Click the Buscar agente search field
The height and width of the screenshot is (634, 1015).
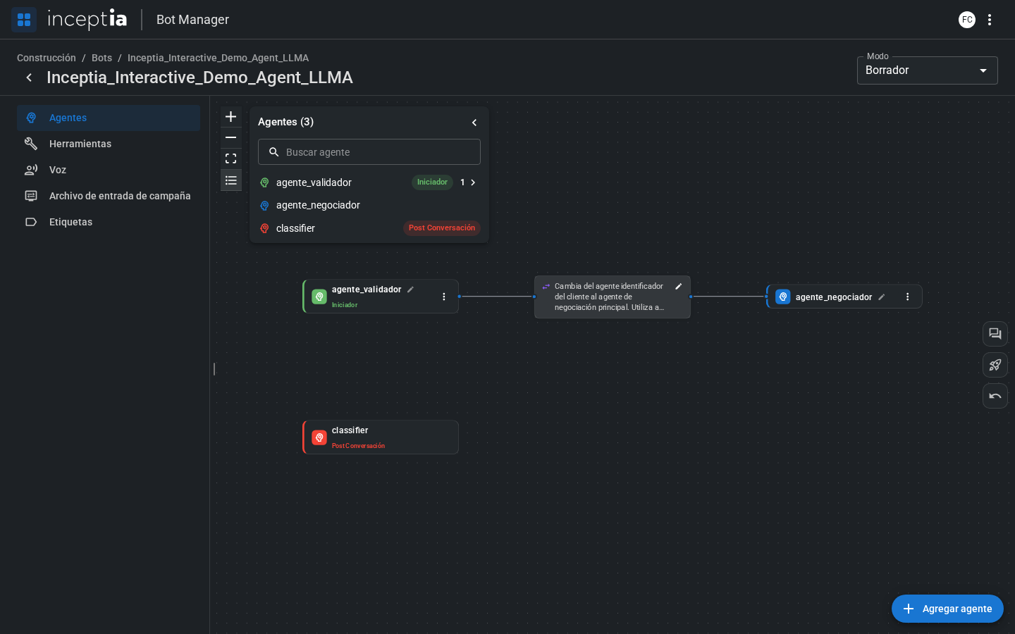[369, 151]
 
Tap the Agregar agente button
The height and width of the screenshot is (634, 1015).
[947, 609]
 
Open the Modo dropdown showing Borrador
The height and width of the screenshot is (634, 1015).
[927, 70]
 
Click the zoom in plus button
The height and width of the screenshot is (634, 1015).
[230, 117]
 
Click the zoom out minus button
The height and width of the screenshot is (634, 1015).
[230, 137]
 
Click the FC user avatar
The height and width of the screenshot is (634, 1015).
[966, 20]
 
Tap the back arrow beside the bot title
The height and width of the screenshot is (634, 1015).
[29, 77]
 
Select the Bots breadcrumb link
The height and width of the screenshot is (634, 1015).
[101, 58]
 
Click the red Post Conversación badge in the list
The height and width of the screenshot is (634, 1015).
[442, 228]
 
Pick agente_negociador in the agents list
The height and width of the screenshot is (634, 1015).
[318, 205]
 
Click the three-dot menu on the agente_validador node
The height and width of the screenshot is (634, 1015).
[443, 297]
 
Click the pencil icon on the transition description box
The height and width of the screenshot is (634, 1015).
[678, 286]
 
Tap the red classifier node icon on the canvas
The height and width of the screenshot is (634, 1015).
[319, 437]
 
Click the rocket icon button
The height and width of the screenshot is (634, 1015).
[995, 365]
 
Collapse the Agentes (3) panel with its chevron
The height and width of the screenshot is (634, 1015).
[474, 123]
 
